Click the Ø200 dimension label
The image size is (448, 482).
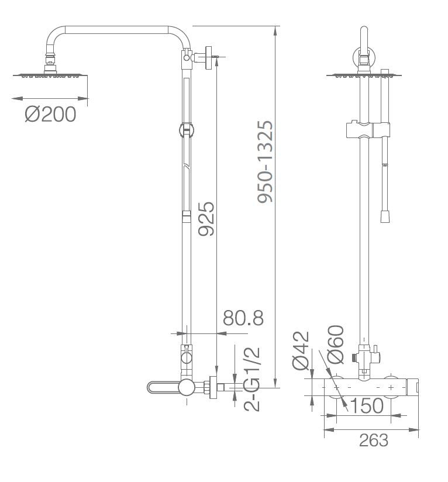50,114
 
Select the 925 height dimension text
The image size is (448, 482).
206,219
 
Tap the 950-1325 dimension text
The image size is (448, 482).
265,161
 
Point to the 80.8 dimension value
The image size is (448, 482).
243,318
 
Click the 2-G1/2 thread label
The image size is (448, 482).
252,379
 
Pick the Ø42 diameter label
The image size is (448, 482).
301,350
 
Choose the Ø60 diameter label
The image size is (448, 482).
335,345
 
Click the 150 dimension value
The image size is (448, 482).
367,406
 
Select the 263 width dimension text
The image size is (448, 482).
374,440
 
